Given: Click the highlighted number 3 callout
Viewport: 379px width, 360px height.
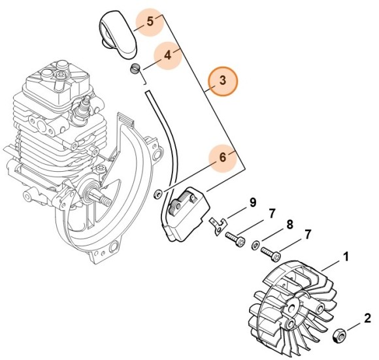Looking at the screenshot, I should pos(223,81).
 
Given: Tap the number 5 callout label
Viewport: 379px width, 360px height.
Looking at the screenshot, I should pos(150,21).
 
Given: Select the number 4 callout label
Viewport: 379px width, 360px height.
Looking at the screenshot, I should pos(168,56).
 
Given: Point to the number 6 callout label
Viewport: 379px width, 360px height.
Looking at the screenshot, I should pos(222,157).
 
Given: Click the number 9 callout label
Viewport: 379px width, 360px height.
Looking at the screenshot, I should pos(252,204).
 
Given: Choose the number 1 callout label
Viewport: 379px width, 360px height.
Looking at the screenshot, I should pos(346,257).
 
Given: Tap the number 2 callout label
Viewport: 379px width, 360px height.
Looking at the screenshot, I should pos(367,318).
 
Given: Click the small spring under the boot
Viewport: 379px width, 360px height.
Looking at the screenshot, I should pos(135,71).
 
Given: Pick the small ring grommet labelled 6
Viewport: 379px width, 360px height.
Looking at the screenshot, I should pos(157,194).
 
